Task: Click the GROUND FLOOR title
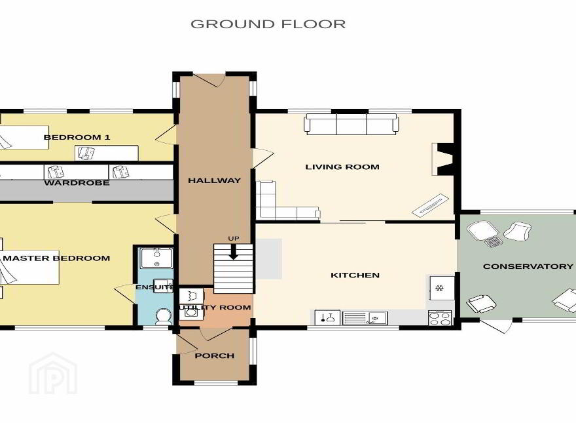pos(268,24)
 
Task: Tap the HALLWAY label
pos(215,180)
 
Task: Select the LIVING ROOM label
pos(342,167)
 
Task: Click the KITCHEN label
pos(355,275)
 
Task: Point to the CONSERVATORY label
pos(528,266)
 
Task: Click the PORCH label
pos(215,355)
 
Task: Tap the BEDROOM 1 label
pos(77,137)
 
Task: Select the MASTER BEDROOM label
pos(56,258)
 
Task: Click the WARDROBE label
pos(77,182)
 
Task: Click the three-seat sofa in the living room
pos(351,125)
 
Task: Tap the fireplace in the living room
pos(443,159)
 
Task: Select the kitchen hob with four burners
pos(440,318)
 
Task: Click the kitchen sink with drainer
pos(365,318)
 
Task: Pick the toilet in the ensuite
pos(164,317)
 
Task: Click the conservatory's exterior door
pos(496,326)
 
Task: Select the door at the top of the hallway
pos(209,80)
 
